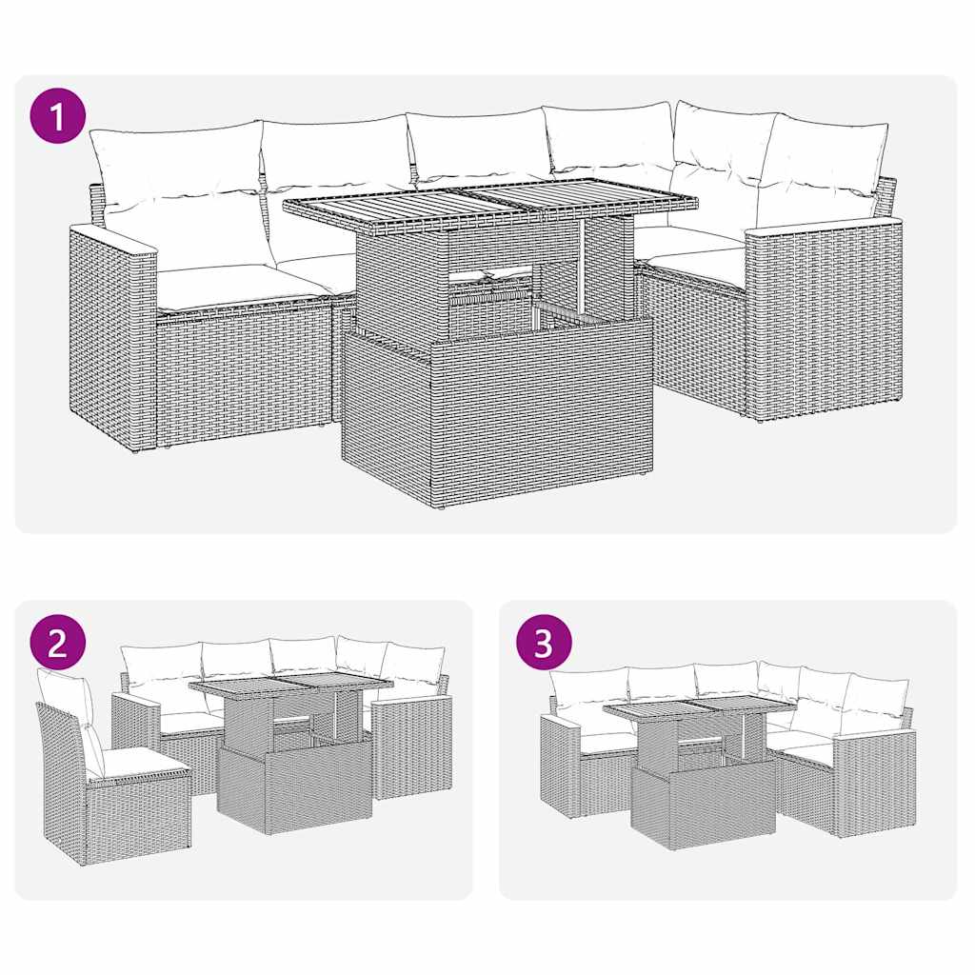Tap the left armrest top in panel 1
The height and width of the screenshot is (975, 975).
point(112,238)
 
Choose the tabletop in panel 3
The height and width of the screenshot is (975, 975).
point(700,706)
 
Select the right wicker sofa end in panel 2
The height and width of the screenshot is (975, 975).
point(411,747)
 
